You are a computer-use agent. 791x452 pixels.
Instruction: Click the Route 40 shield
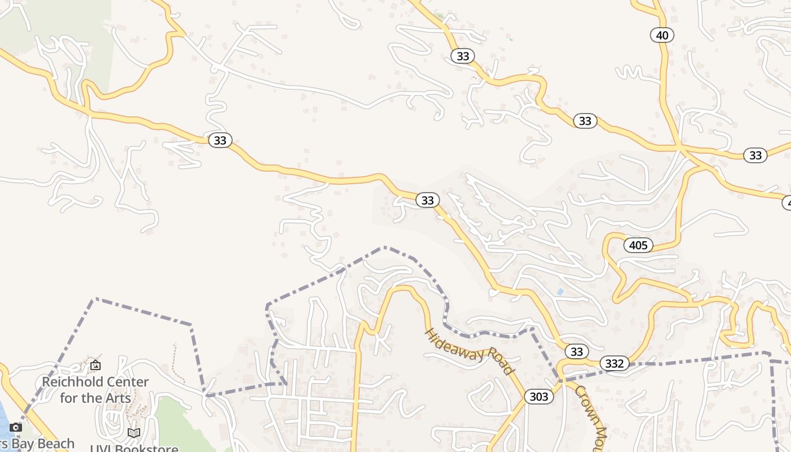click(x=662, y=36)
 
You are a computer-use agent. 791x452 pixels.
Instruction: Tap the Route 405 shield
click(x=638, y=245)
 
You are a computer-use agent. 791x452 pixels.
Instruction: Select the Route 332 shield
click(x=614, y=363)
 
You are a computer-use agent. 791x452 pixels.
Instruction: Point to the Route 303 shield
click(x=539, y=397)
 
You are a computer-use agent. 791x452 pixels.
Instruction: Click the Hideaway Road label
click(x=468, y=351)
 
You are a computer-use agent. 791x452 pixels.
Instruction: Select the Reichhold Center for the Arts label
click(x=95, y=390)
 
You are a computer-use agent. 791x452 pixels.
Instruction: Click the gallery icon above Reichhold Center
click(x=95, y=366)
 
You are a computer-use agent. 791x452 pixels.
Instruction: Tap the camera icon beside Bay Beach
click(x=16, y=427)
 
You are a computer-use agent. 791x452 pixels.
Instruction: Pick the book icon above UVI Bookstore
click(x=134, y=433)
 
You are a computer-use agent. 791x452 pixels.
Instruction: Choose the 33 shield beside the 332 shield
click(x=576, y=351)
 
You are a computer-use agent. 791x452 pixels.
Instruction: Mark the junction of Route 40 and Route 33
click(x=680, y=148)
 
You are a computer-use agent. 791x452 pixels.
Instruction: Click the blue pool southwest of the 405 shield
click(x=559, y=292)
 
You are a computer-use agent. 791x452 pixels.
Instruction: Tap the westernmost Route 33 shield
click(x=220, y=140)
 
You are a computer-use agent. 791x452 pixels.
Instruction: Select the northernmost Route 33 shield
click(x=463, y=56)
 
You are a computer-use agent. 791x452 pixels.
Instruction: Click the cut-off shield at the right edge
click(x=786, y=202)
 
